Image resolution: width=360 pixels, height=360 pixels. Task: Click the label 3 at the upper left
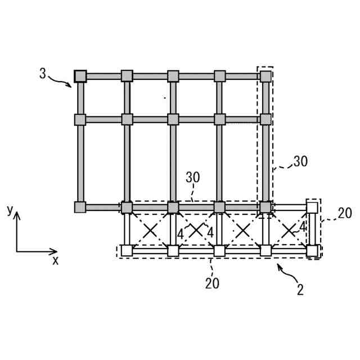(x=43, y=73)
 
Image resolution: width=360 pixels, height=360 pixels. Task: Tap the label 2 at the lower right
(x=300, y=290)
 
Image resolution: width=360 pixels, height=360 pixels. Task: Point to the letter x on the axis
(x=55, y=260)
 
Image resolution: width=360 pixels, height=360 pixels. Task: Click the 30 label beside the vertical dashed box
(x=300, y=161)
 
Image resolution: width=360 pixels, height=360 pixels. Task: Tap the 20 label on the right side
(x=345, y=213)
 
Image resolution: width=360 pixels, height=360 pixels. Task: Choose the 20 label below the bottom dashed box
(x=212, y=283)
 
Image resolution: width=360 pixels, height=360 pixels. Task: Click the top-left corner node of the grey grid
(x=80, y=76)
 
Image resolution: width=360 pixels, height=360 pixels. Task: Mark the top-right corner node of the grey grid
(x=265, y=76)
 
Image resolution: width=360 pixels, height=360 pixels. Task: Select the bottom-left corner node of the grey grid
(x=80, y=207)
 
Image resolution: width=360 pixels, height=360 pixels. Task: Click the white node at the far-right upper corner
(x=312, y=207)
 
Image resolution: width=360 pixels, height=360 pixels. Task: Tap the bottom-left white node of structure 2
(x=127, y=250)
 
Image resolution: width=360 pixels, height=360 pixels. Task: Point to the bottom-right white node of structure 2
(x=312, y=250)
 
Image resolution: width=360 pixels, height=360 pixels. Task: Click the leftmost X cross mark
(x=150, y=229)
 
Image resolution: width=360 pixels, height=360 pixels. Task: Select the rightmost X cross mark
(x=289, y=229)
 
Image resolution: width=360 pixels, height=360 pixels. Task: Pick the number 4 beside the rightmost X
(x=302, y=227)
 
